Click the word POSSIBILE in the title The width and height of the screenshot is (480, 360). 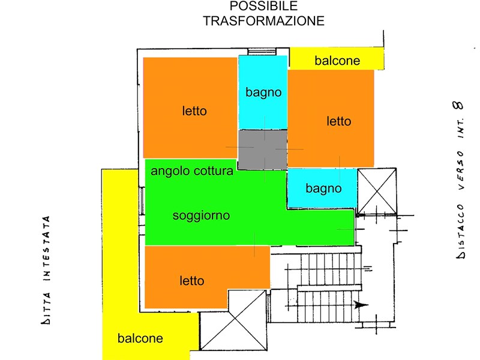pyautogui.click(x=263, y=6)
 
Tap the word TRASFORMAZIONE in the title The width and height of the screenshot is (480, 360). pyautogui.click(x=263, y=21)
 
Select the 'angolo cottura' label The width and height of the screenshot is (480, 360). pyautogui.click(x=192, y=171)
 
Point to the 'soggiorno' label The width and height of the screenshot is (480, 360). pyautogui.click(x=201, y=215)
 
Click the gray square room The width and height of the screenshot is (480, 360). pyautogui.click(x=263, y=149)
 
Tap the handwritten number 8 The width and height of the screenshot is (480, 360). pyautogui.click(x=458, y=106)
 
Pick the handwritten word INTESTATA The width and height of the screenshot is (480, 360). pyautogui.click(x=47, y=248)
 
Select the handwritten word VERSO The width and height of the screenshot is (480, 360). pyautogui.click(x=460, y=170)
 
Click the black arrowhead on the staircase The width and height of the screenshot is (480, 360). pyautogui.click(x=361, y=305)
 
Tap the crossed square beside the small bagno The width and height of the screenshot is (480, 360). pyautogui.click(x=377, y=191)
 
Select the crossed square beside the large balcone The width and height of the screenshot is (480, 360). pyautogui.click(x=233, y=320)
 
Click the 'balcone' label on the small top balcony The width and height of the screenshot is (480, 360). pyautogui.click(x=337, y=61)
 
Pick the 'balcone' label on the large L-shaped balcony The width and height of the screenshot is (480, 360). pyautogui.click(x=140, y=338)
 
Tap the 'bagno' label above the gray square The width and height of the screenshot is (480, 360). pyautogui.click(x=263, y=92)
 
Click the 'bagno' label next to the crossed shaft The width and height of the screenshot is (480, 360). pyautogui.click(x=323, y=188)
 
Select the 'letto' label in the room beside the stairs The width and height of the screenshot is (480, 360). pyautogui.click(x=191, y=281)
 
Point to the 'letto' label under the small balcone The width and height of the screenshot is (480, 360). pyautogui.click(x=338, y=121)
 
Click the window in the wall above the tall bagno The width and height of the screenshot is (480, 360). pyautogui.click(x=262, y=52)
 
